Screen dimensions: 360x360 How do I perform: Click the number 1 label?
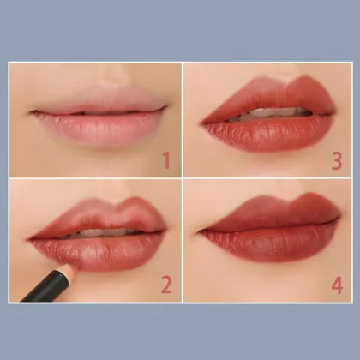pos(165,159)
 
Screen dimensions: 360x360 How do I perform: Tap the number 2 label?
pos(165,284)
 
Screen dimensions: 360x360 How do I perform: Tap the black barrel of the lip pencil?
pos(39,290)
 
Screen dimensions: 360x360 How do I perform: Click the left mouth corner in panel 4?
pos(199,231)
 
